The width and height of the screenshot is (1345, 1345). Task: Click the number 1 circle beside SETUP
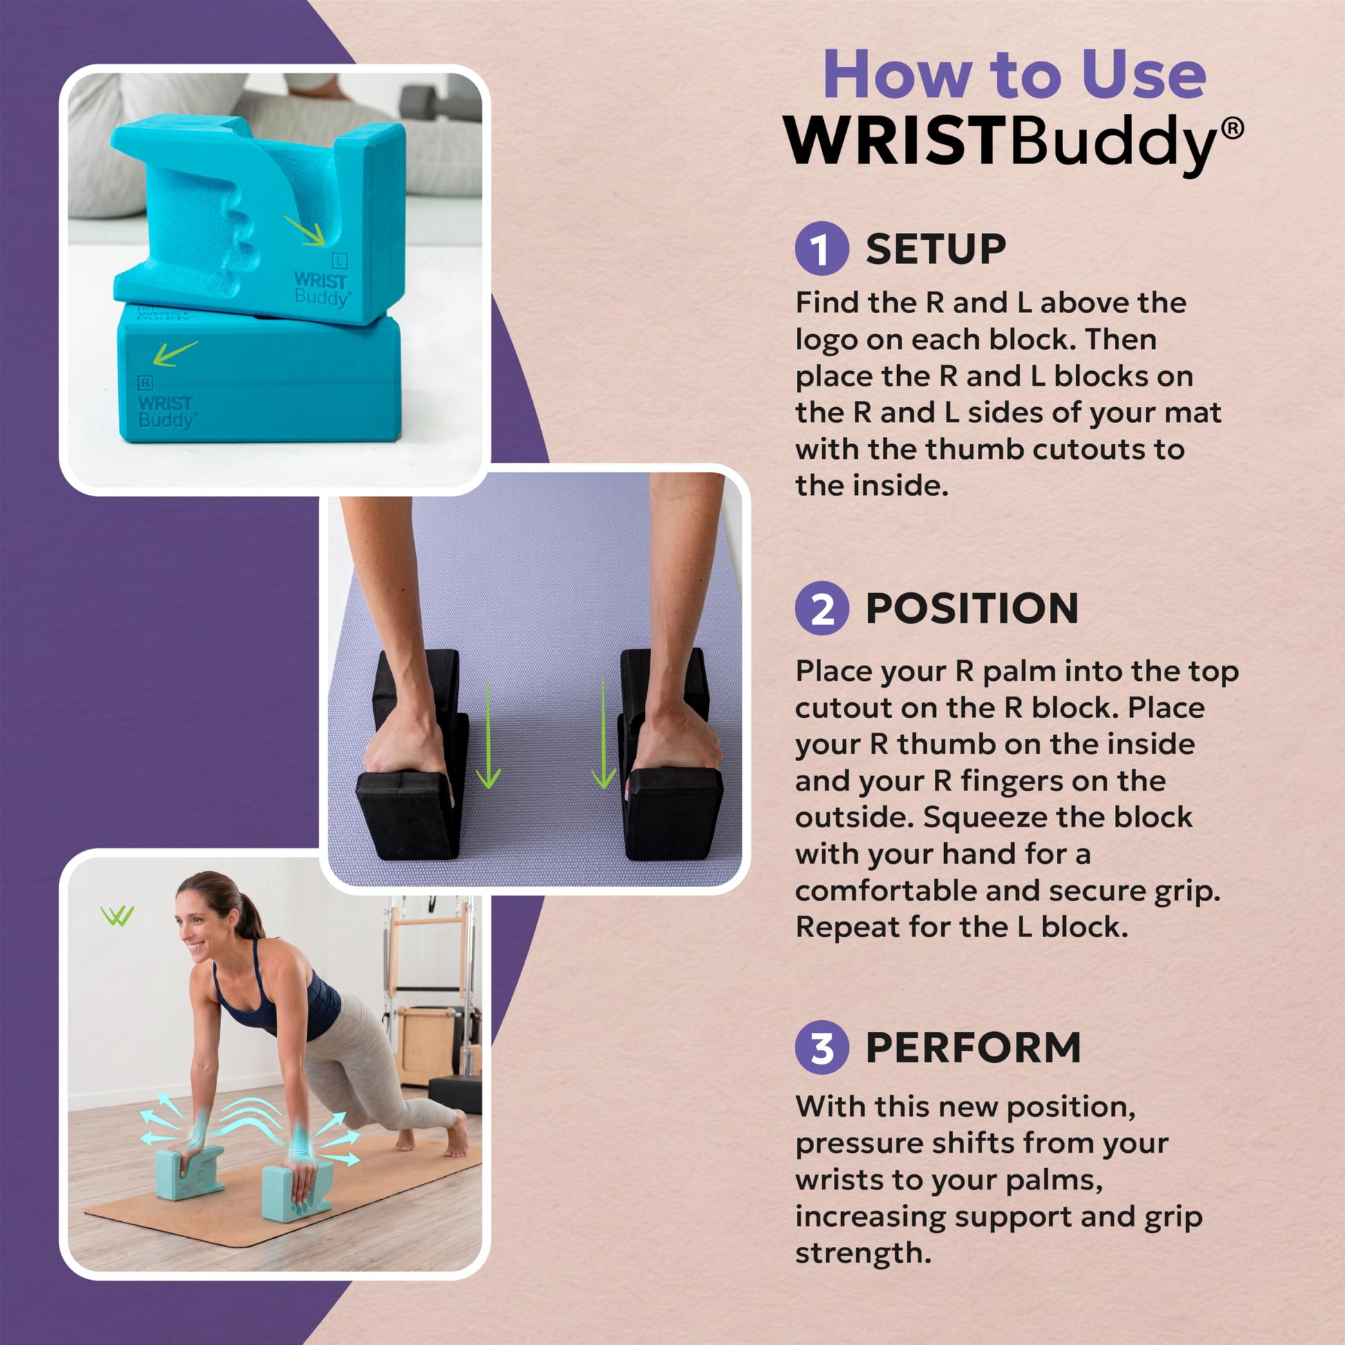(x=822, y=249)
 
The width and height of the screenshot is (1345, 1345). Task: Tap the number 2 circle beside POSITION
(x=822, y=608)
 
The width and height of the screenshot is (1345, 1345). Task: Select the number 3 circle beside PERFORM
(x=822, y=1048)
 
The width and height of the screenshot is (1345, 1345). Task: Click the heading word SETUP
(x=936, y=249)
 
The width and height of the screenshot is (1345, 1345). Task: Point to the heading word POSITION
(x=972, y=608)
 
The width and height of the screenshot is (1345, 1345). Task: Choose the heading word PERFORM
(x=973, y=1048)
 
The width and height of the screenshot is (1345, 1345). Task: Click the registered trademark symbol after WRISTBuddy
(x=1232, y=129)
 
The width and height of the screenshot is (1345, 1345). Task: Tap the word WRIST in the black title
(x=896, y=140)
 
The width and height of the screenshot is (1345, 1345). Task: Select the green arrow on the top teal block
(x=305, y=230)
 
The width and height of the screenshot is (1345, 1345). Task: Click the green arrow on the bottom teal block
(x=174, y=354)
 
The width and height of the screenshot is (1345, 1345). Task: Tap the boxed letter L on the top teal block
(x=340, y=261)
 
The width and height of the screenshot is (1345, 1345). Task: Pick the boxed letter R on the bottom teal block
(x=145, y=383)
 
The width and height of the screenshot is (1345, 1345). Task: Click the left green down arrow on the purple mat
(x=489, y=734)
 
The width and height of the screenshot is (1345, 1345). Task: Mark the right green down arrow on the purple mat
(x=603, y=734)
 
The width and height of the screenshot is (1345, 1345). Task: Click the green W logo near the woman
(x=117, y=916)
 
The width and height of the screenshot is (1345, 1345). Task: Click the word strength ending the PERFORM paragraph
(x=863, y=1253)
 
